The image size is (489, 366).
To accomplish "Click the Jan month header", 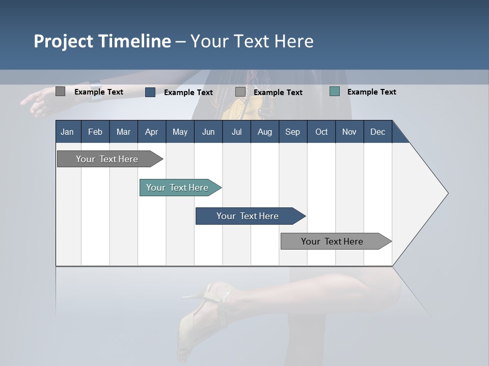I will (x=67, y=132).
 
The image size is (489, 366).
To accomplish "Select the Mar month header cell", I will (x=123, y=132).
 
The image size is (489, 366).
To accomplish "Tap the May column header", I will (x=180, y=132).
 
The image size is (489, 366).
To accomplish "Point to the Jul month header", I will (x=236, y=132).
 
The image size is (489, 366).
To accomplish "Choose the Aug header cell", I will (x=264, y=132).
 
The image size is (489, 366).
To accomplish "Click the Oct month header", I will (x=321, y=132).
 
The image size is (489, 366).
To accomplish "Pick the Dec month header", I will (x=377, y=132).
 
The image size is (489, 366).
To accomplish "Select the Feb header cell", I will (x=95, y=132).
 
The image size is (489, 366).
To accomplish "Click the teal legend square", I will (x=335, y=91).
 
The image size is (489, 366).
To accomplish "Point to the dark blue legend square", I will (x=150, y=92).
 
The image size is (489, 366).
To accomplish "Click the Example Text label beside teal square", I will (x=371, y=91).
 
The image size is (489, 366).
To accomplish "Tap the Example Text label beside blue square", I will (x=188, y=92).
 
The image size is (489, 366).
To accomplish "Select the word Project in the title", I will (x=63, y=41).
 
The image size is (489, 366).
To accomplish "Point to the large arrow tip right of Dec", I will (x=428, y=193).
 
